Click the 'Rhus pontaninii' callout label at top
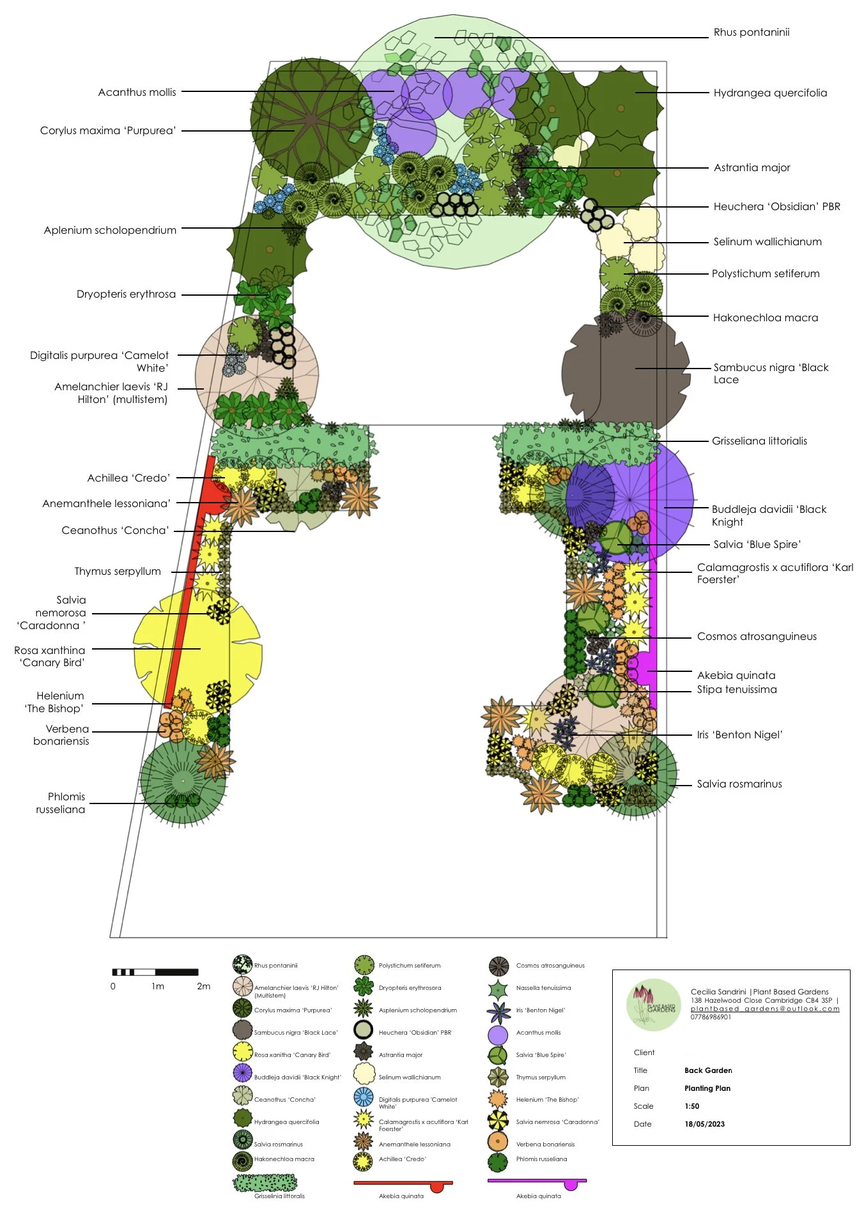(x=751, y=33)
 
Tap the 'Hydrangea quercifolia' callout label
(x=769, y=93)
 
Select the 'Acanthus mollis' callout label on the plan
(x=137, y=93)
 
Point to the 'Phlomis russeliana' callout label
(x=61, y=803)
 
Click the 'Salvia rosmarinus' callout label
(x=739, y=784)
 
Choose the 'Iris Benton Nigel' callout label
(x=739, y=735)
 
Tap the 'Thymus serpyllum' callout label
(x=118, y=572)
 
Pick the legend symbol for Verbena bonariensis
(x=497, y=1141)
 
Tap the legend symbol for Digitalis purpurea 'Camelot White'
(x=364, y=1097)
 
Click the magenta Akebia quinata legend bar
(x=537, y=1182)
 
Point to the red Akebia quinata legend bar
(x=403, y=1183)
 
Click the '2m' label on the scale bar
(x=203, y=986)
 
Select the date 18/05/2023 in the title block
(x=704, y=1124)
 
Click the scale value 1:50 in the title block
(x=691, y=1106)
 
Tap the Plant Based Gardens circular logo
(x=653, y=1005)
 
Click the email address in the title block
(x=765, y=1008)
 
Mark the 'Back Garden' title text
(x=708, y=1070)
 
